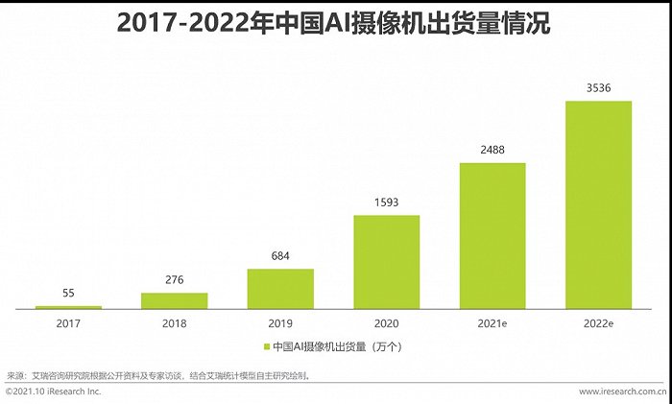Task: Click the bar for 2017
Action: tap(68, 307)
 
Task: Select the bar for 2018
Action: tap(174, 300)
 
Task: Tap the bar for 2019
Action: tap(280, 289)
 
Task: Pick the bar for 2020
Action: tap(386, 262)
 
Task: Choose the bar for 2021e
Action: tap(492, 236)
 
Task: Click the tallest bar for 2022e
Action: tap(598, 205)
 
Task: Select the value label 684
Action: tap(280, 256)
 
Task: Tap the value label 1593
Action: tap(386, 202)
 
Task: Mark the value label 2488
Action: tap(492, 150)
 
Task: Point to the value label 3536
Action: tap(598, 88)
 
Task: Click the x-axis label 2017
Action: tap(68, 323)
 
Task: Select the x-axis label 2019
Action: tap(280, 323)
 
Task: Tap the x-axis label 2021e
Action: tap(492, 323)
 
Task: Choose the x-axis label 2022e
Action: tap(598, 323)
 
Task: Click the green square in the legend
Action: tap(266, 346)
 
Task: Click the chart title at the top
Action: tap(335, 22)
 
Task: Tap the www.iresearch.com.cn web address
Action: tap(623, 392)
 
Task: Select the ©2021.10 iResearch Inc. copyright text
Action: tap(54, 392)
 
